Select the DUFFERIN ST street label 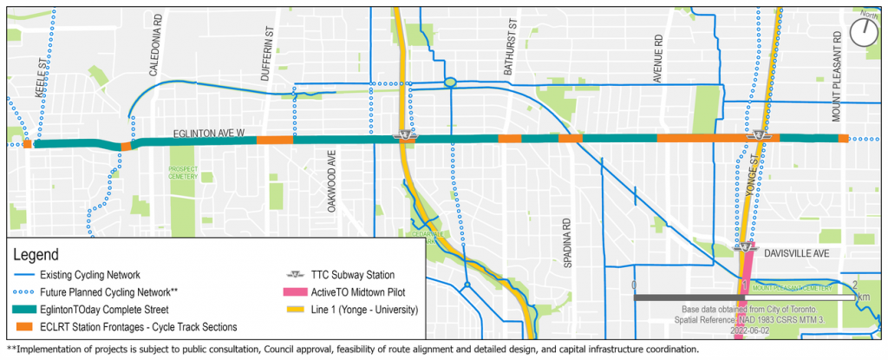point(269,58)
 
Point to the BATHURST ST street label point(512,56)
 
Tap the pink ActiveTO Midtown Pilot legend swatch point(298,291)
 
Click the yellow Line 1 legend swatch point(298,309)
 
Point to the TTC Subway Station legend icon point(298,274)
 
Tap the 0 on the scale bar point(634,285)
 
